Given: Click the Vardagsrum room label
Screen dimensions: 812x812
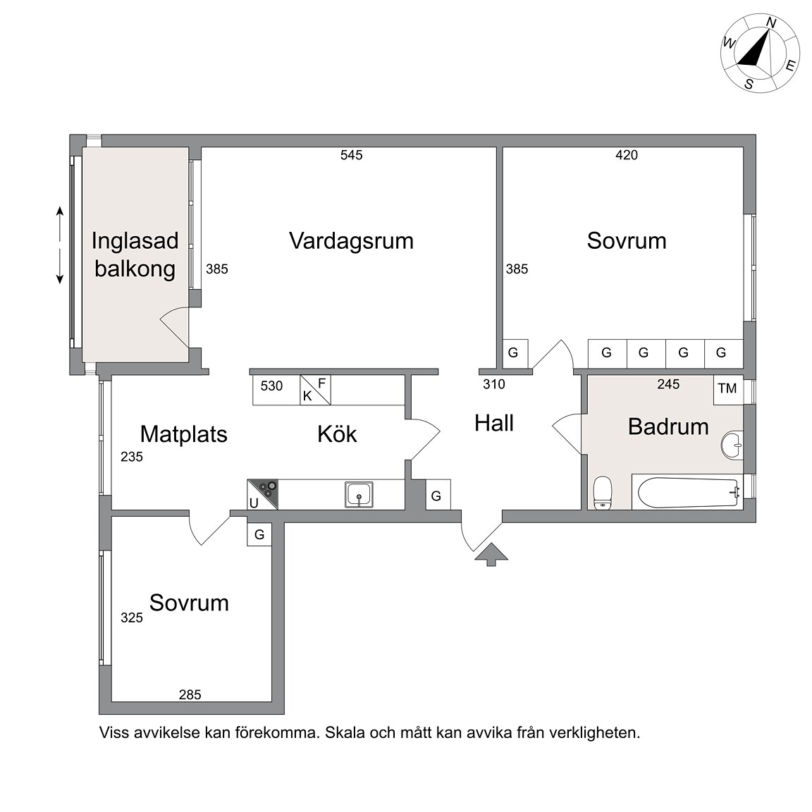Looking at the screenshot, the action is [351, 241].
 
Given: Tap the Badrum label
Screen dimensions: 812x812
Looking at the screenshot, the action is [668, 426].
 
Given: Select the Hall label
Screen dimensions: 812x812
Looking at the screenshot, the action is [494, 423].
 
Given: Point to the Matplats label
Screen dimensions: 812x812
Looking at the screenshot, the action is [184, 434].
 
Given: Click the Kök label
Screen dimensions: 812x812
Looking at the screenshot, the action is [337, 434].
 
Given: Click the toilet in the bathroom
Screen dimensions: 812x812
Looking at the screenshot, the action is [602, 493].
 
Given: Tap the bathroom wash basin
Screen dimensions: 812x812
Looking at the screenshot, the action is [732, 445].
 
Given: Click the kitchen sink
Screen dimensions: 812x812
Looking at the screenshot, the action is [359, 495].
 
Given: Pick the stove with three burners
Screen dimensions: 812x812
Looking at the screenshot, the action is [262, 495].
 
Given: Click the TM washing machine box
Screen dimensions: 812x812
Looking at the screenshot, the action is [728, 389].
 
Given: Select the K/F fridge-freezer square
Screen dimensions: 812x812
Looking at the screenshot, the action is [315, 390].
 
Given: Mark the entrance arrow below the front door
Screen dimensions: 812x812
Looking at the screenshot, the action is [491, 555].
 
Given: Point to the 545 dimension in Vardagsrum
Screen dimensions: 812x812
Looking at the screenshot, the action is [352, 155].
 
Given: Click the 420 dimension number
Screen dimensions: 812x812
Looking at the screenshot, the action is [627, 155].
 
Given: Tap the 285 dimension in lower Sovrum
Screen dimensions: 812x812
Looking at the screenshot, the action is [190, 694].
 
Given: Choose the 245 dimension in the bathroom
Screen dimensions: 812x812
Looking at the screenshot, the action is [668, 384].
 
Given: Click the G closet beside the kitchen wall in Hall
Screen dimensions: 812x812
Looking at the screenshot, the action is [438, 495].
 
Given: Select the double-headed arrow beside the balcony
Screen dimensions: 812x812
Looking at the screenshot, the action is [59, 245].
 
